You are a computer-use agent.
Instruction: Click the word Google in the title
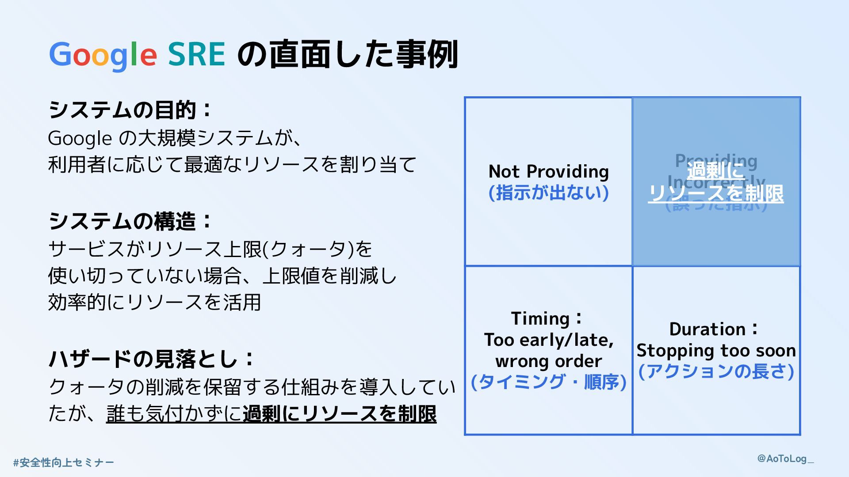(x=103, y=55)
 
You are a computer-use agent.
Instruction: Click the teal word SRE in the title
(x=197, y=55)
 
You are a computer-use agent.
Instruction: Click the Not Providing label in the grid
(x=548, y=171)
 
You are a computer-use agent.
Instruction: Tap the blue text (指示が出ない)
(x=548, y=193)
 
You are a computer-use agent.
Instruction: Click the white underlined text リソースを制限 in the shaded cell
(x=716, y=193)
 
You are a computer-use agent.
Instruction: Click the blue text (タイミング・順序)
(x=548, y=382)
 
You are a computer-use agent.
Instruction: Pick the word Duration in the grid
(x=707, y=329)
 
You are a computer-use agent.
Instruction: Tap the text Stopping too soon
(x=716, y=350)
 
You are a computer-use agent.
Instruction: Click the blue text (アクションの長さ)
(x=716, y=371)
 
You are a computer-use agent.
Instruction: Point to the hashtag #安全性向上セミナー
(x=64, y=462)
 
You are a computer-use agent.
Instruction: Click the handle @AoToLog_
(x=785, y=458)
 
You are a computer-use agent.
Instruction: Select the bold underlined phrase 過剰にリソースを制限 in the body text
(x=340, y=414)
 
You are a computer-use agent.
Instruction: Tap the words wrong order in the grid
(x=548, y=361)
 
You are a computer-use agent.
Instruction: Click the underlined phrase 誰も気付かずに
(x=174, y=414)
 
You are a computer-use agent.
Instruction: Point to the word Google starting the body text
(x=80, y=138)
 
